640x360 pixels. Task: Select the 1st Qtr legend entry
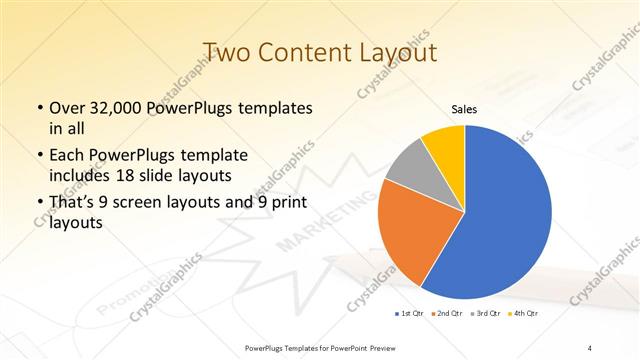click(x=410, y=314)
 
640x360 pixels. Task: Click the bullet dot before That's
click(x=39, y=205)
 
